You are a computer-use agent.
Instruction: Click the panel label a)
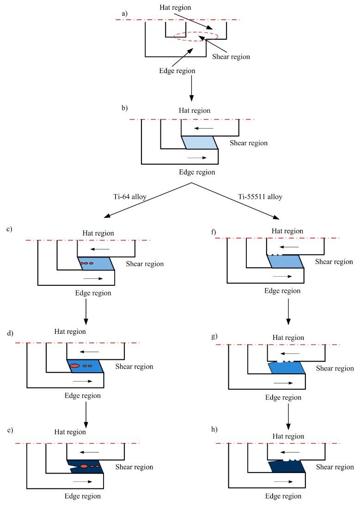click(x=124, y=14)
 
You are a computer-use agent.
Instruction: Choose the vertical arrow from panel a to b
click(x=191, y=88)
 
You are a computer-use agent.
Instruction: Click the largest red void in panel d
click(x=74, y=366)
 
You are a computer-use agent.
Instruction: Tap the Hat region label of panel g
click(x=288, y=338)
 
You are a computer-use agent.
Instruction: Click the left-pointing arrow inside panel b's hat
click(x=204, y=128)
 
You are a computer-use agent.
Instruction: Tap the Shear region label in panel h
click(x=335, y=468)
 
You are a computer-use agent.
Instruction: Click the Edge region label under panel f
click(x=282, y=291)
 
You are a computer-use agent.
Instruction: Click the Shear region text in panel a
click(x=231, y=57)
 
